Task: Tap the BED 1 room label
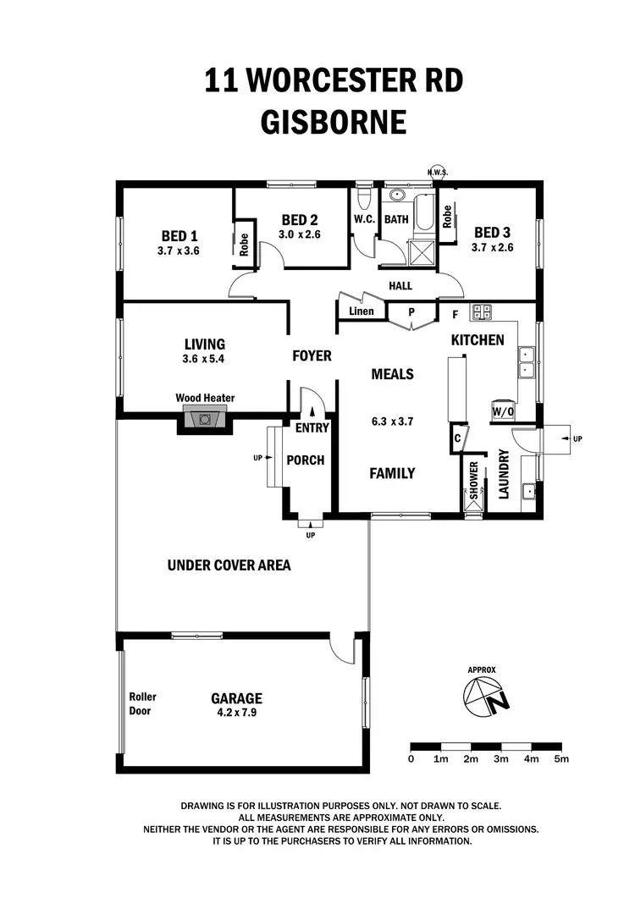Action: pyautogui.click(x=179, y=236)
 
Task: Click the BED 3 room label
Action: pyautogui.click(x=492, y=233)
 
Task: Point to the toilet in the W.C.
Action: pyautogui.click(x=364, y=198)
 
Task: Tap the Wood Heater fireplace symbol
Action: pyautogui.click(x=203, y=418)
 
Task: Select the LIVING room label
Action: pyautogui.click(x=205, y=344)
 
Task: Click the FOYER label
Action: pyautogui.click(x=312, y=355)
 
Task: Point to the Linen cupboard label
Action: pyautogui.click(x=362, y=311)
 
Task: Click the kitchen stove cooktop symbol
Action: pyautogui.click(x=482, y=311)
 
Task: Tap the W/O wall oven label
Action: pyautogui.click(x=503, y=412)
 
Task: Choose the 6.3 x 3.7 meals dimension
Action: pyautogui.click(x=392, y=420)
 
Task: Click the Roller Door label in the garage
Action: pyautogui.click(x=142, y=703)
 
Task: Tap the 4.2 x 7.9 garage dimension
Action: pyautogui.click(x=236, y=713)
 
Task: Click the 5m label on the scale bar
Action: pyautogui.click(x=561, y=759)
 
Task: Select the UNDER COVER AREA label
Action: pyautogui.click(x=229, y=565)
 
